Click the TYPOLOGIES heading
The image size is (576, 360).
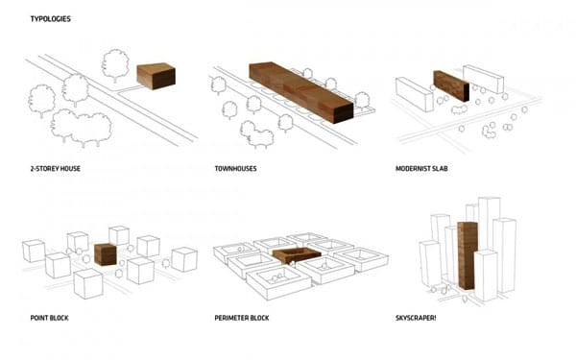(50, 19)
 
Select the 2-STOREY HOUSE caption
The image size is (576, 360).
(55, 169)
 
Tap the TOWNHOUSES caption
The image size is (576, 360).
(235, 169)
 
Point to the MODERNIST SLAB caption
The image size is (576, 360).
(421, 169)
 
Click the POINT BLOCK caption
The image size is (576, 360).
(49, 318)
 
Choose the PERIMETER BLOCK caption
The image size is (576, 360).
(242, 318)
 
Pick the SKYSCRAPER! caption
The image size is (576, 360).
(416, 318)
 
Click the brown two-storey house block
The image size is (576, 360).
(156, 76)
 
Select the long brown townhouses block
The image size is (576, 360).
(301, 92)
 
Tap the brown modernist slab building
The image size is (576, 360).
(451, 86)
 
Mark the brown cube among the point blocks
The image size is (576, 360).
(106, 254)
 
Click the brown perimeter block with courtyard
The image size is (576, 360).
(297, 255)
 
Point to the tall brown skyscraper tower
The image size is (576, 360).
(468, 255)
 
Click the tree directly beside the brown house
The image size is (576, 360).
(115, 65)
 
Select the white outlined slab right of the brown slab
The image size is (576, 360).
(483, 79)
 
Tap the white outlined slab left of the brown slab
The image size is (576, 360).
(415, 94)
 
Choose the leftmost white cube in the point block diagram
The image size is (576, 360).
(34, 251)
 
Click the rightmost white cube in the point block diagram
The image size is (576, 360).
(184, 259)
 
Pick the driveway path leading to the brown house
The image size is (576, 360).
(129, 91)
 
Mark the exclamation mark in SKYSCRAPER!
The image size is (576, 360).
(435, 318)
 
